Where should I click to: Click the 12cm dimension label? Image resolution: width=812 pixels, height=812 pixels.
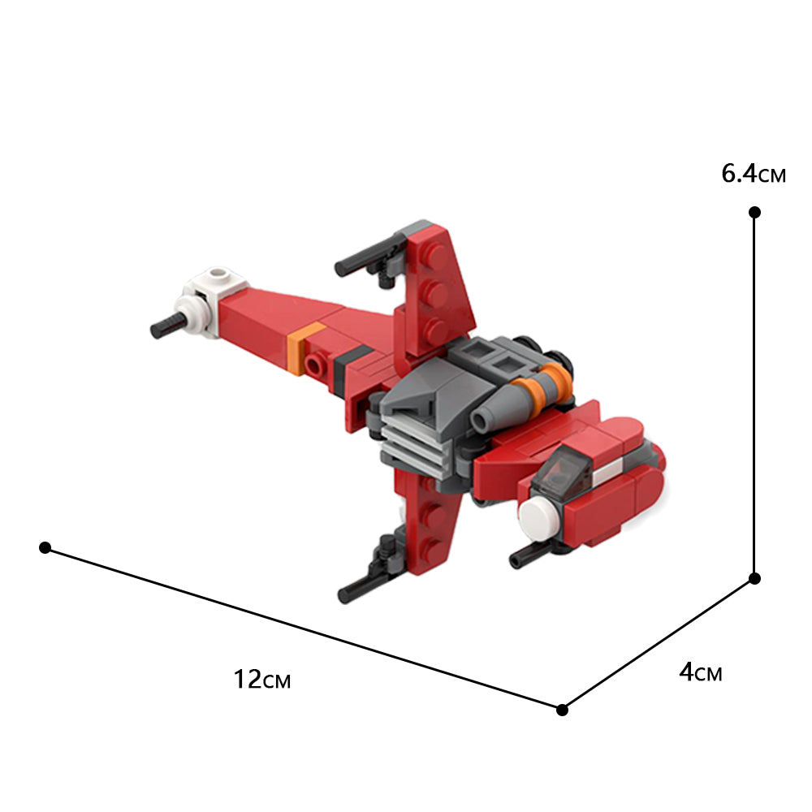pos(261,679)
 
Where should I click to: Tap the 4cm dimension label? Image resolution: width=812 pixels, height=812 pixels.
pos(700,672)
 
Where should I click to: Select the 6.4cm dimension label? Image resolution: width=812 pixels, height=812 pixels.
pos(753,174)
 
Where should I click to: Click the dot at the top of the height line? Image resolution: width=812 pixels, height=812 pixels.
pos(754,213)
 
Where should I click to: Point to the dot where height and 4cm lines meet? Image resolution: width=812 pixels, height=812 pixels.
pos(754,578)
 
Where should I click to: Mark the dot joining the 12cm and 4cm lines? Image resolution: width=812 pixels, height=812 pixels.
pos(562,710)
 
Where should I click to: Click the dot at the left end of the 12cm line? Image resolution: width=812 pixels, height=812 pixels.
pos(45,548)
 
